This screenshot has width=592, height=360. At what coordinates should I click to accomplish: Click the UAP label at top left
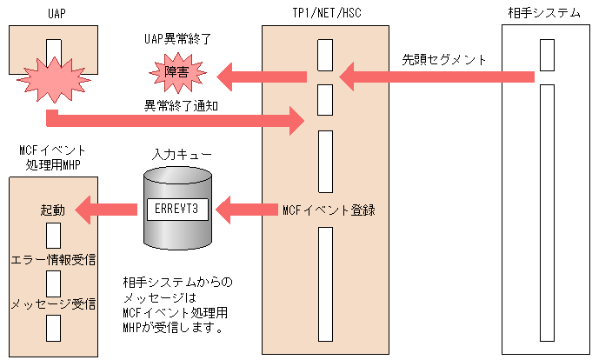(53, 12)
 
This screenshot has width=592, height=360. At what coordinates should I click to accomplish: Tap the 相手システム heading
(544, 12)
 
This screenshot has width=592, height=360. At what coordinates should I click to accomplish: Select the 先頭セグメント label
(443, 60)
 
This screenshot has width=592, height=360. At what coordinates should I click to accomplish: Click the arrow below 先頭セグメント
(435, 77)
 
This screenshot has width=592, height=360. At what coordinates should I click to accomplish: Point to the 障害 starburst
(176, 76)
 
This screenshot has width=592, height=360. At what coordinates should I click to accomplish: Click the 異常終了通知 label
(181, 105)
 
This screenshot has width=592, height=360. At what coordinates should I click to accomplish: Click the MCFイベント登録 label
(329, 210)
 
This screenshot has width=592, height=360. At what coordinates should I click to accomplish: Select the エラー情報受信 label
(53, 258)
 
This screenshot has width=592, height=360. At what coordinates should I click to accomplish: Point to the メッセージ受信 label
(53, 303)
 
